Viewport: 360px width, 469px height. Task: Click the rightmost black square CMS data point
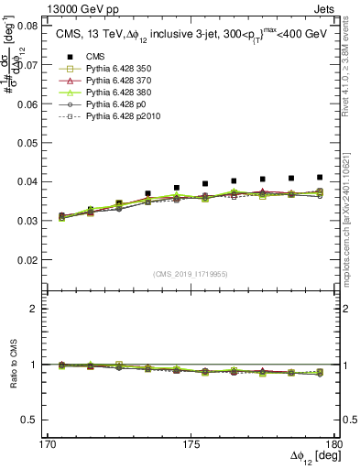coord(320,177)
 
